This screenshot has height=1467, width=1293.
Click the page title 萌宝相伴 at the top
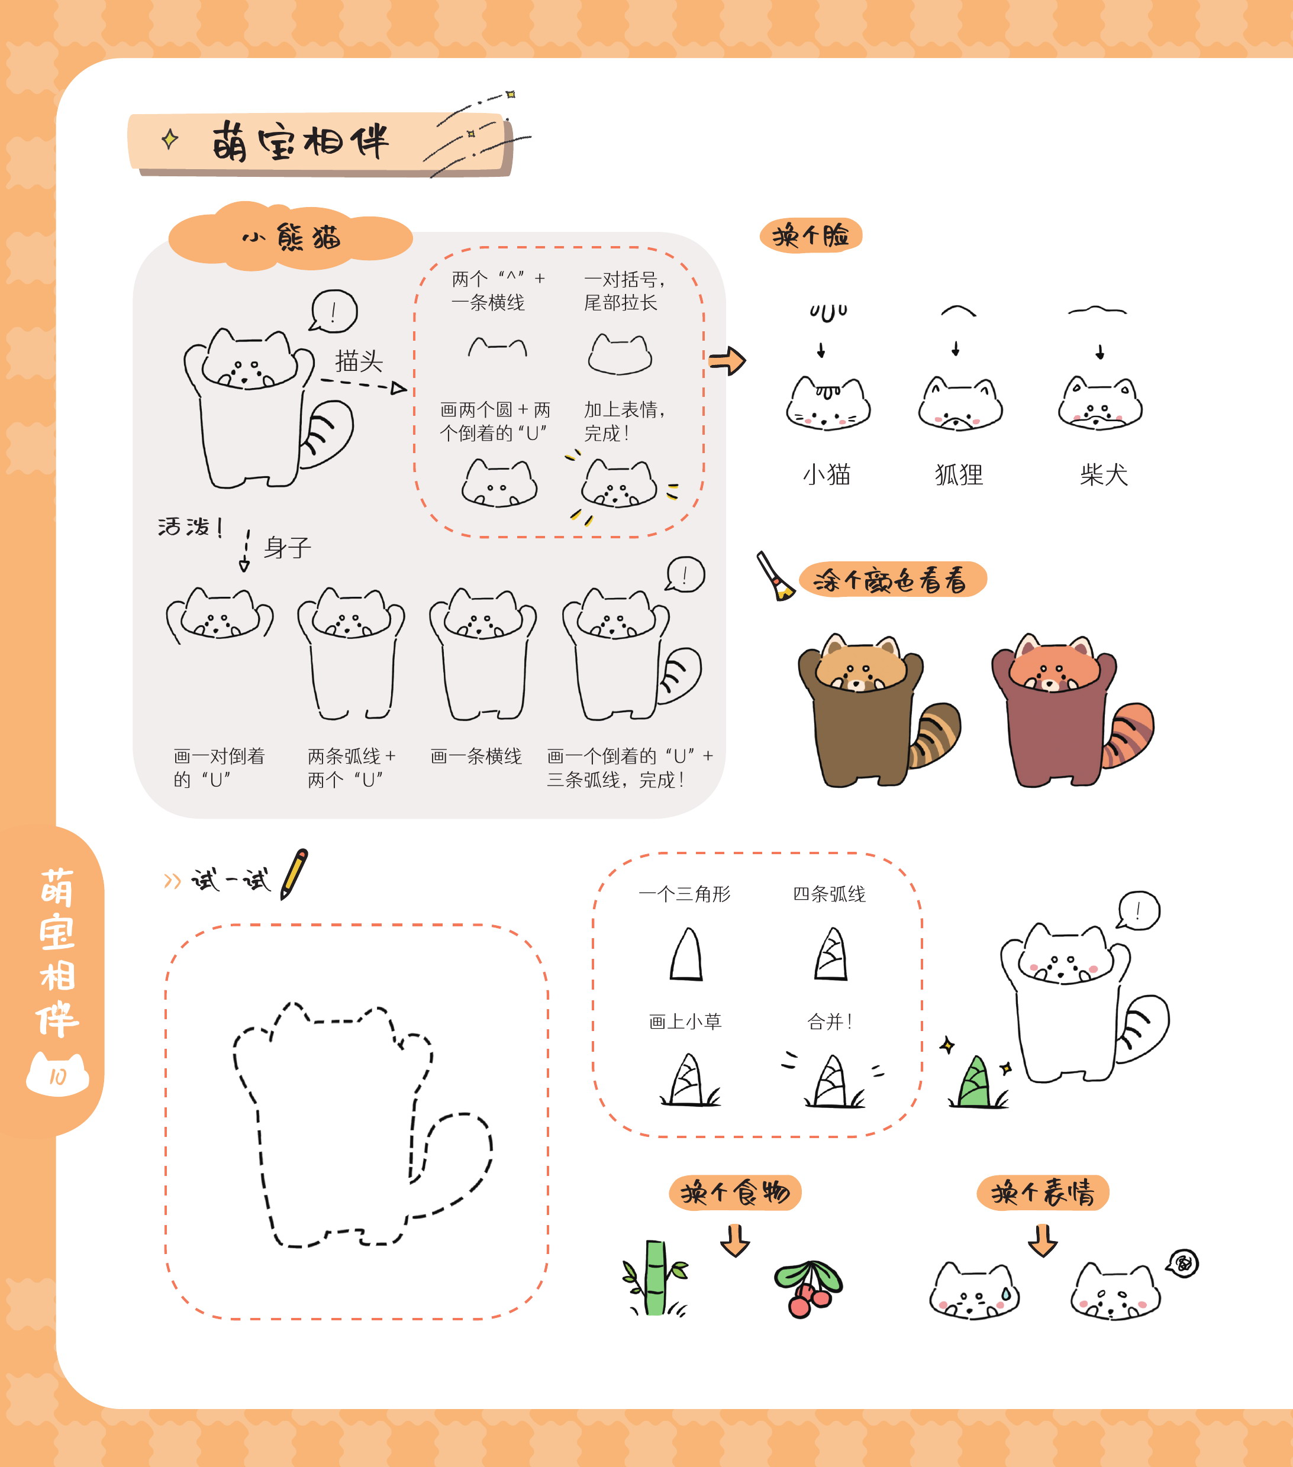pos(300,141)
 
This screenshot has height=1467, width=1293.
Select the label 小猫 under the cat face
pos(826,474)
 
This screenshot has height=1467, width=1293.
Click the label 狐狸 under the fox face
pos(959,474)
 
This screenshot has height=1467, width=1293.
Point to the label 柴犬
pos(1104,474)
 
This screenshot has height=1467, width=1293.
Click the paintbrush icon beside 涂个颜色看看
pos(775,576)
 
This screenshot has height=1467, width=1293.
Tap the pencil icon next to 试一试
pos(294,874)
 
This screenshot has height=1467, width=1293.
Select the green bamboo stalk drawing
pos(654,1278)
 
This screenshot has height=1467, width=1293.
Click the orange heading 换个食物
pos(735,1193)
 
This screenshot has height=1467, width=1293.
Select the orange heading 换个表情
pos(1043,1193)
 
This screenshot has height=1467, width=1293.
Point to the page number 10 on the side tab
pos(57,1077)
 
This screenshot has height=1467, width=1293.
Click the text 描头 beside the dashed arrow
pos(359,361)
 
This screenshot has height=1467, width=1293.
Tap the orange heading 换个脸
pos(811,235)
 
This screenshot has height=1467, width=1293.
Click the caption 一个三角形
pos(684,894)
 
